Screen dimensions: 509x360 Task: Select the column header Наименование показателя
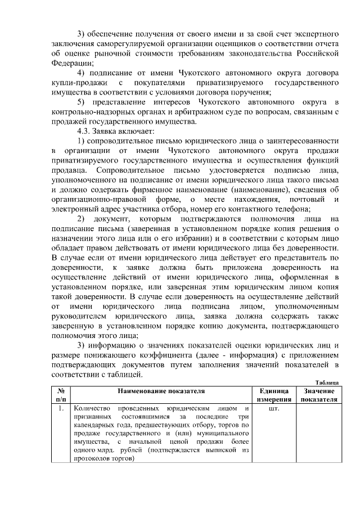tap(161, 390)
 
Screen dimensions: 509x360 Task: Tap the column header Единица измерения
tap(273, 395)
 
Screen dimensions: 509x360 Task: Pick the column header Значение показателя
tap(318, 395)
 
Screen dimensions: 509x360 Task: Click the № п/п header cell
tap(60, 395)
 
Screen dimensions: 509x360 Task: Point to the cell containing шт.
tap(274, 408)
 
